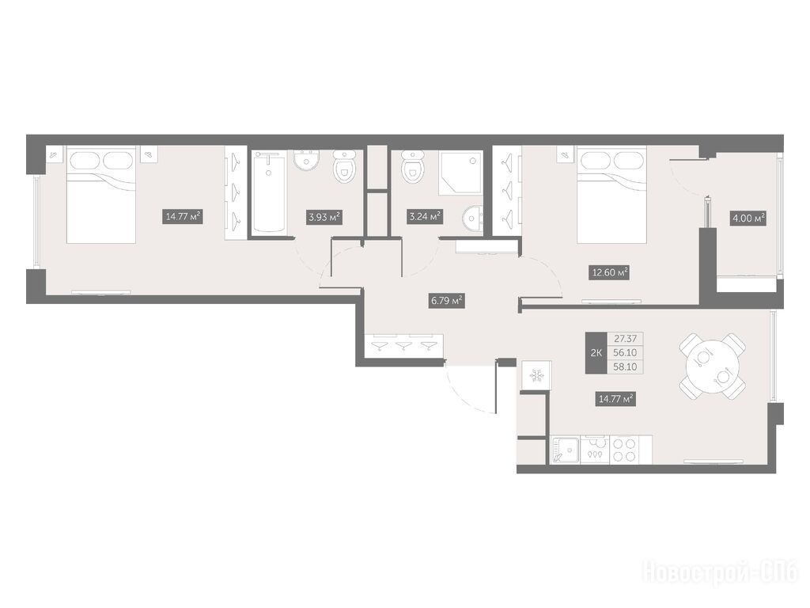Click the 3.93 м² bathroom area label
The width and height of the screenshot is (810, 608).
[324, 217]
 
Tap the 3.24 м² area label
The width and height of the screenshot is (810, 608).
[425, 216]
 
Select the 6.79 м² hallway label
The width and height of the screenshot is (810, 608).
[447, 300]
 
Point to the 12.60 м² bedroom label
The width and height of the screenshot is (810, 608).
[610, 272]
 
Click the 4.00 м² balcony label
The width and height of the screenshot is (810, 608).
[748, 218]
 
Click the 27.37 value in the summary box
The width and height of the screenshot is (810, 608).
[625, 339]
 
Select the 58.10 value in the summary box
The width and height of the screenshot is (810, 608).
[625, 367]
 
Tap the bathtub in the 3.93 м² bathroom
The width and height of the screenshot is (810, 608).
[269, 192]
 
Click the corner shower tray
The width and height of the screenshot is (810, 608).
[460, 173]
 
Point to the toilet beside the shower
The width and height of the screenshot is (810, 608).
[413, 166]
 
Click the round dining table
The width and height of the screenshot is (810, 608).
[713, 366]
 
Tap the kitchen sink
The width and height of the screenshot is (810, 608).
[566, 450]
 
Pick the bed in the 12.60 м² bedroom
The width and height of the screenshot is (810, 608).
[611, 195]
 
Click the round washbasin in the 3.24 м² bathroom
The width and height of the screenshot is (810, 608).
[473, 218]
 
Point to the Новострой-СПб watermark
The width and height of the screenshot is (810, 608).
[720, 572]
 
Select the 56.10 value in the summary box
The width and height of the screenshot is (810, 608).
[625, 353]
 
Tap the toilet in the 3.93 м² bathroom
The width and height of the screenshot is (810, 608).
[345, 167]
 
